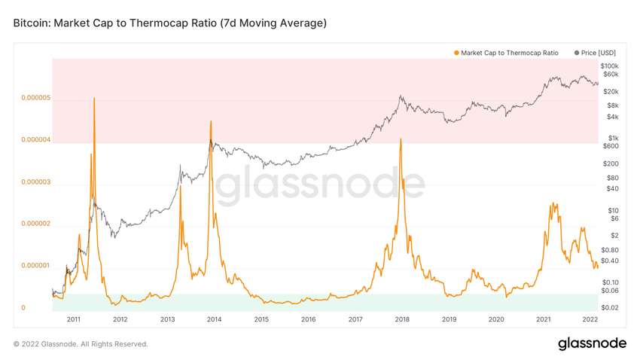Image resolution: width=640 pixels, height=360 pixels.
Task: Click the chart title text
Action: (170, 23)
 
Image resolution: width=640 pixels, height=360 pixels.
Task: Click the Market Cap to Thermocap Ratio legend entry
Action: (509, 53)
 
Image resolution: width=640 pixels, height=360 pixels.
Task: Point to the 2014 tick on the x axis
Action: (215, 319)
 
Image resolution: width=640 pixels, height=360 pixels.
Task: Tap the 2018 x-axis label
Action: (402, 319)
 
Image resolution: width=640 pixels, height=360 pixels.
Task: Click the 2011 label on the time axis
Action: (73, 319)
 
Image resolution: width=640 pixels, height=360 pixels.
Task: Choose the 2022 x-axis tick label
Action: (590, 319)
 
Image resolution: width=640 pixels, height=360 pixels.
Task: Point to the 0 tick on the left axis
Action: (23, 307)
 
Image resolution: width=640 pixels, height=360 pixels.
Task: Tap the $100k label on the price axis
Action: (610, 66)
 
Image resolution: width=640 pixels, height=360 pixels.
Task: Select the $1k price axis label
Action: (613, 138)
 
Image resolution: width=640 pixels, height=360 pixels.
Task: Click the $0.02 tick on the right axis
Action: (611, 307)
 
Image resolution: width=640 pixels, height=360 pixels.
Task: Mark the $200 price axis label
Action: (611, 163)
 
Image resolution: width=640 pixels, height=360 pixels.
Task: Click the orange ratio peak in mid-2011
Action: (94, 99)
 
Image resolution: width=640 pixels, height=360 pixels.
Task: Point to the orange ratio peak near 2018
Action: (401, 140)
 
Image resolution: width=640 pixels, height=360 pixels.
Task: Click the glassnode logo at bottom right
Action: (592, 343)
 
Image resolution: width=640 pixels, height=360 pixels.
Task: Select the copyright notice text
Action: (81, 344)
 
